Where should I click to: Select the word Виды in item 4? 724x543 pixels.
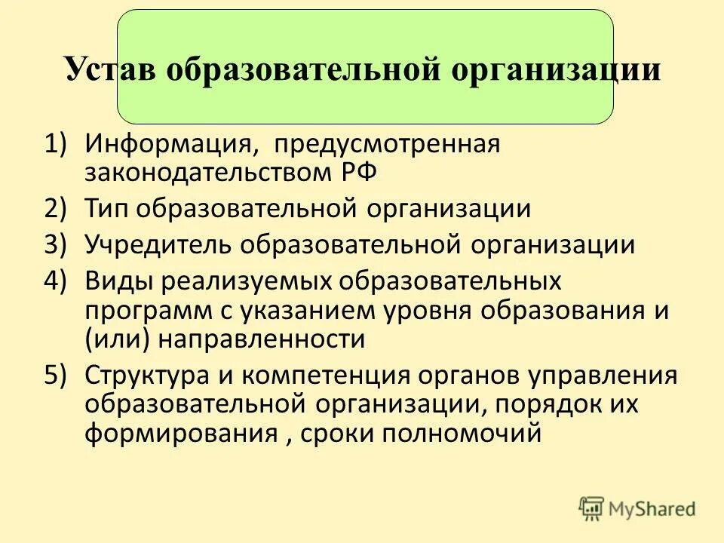(x=118, y=281)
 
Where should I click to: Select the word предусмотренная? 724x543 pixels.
(x=387, y=143)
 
